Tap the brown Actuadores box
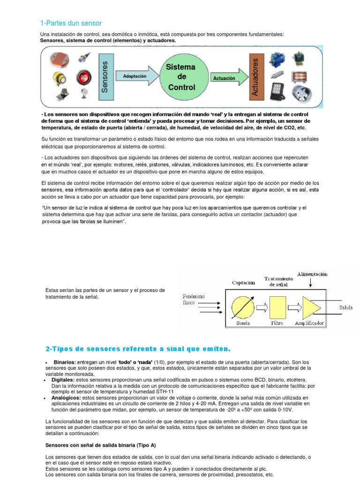click(255, 76)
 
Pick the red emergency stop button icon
click(84, 76)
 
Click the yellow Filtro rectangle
click(277, 307)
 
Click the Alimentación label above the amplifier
click(312, 274)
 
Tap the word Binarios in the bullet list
click(65, 362)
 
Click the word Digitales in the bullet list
click(63, 380)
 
